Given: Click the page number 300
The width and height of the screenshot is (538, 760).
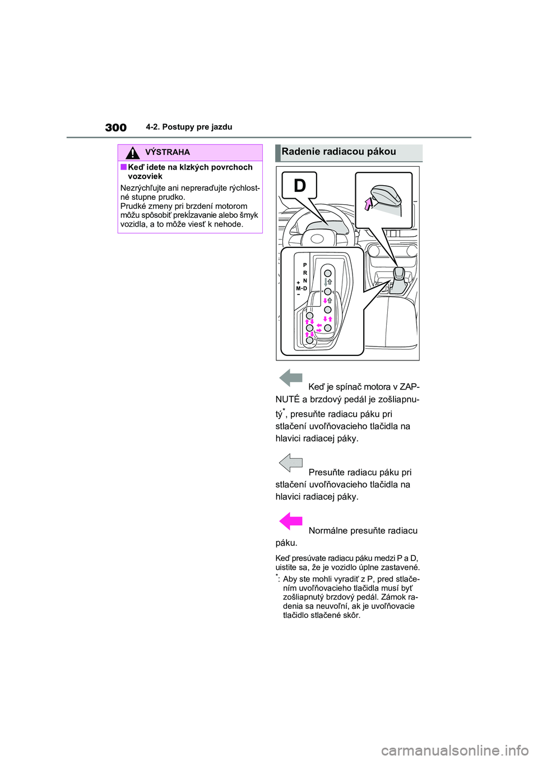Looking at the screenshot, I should click(x=116, y=128).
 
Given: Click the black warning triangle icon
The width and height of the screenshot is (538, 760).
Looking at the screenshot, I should click(x=132, y=152).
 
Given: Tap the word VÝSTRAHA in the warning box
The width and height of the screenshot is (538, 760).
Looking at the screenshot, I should click(x=167, y=152).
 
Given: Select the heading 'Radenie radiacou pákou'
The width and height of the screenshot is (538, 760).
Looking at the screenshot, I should click(x=338, y=152).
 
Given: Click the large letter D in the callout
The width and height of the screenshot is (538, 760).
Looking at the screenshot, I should click(x=300, y=185).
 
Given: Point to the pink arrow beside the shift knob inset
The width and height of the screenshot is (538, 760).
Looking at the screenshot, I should click(x=368, y=204).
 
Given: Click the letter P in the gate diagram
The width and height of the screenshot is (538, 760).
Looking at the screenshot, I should click(x=305, y=265).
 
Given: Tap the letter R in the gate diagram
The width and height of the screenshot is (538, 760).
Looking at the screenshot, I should click(x=305, y=273).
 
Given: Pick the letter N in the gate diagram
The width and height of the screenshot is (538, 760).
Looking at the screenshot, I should click(x=305, y=281).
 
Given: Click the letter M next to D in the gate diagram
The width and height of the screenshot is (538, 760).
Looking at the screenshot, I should click(x=299, y=289).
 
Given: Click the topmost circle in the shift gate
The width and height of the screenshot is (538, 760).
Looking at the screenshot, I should click(x=328, y=274).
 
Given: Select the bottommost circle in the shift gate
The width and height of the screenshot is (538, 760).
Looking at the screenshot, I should click(x=309, y=340).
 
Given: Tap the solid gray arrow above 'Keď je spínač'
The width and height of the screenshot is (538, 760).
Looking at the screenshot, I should click(x=291, y=378).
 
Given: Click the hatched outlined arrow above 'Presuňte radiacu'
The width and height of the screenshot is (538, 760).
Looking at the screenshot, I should click(x=291, y=463).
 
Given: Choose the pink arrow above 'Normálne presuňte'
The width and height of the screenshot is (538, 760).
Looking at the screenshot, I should click(x=291, y=521).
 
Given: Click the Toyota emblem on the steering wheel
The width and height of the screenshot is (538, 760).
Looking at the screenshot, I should click(x=317, y=239).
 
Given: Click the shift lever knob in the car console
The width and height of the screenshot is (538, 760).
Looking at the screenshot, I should click(x=398, y=273).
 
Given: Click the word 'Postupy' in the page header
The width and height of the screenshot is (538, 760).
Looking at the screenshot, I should click(x=178, y=127).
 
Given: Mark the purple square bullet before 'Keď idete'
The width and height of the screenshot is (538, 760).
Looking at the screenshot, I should click(x=123, y=167).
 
